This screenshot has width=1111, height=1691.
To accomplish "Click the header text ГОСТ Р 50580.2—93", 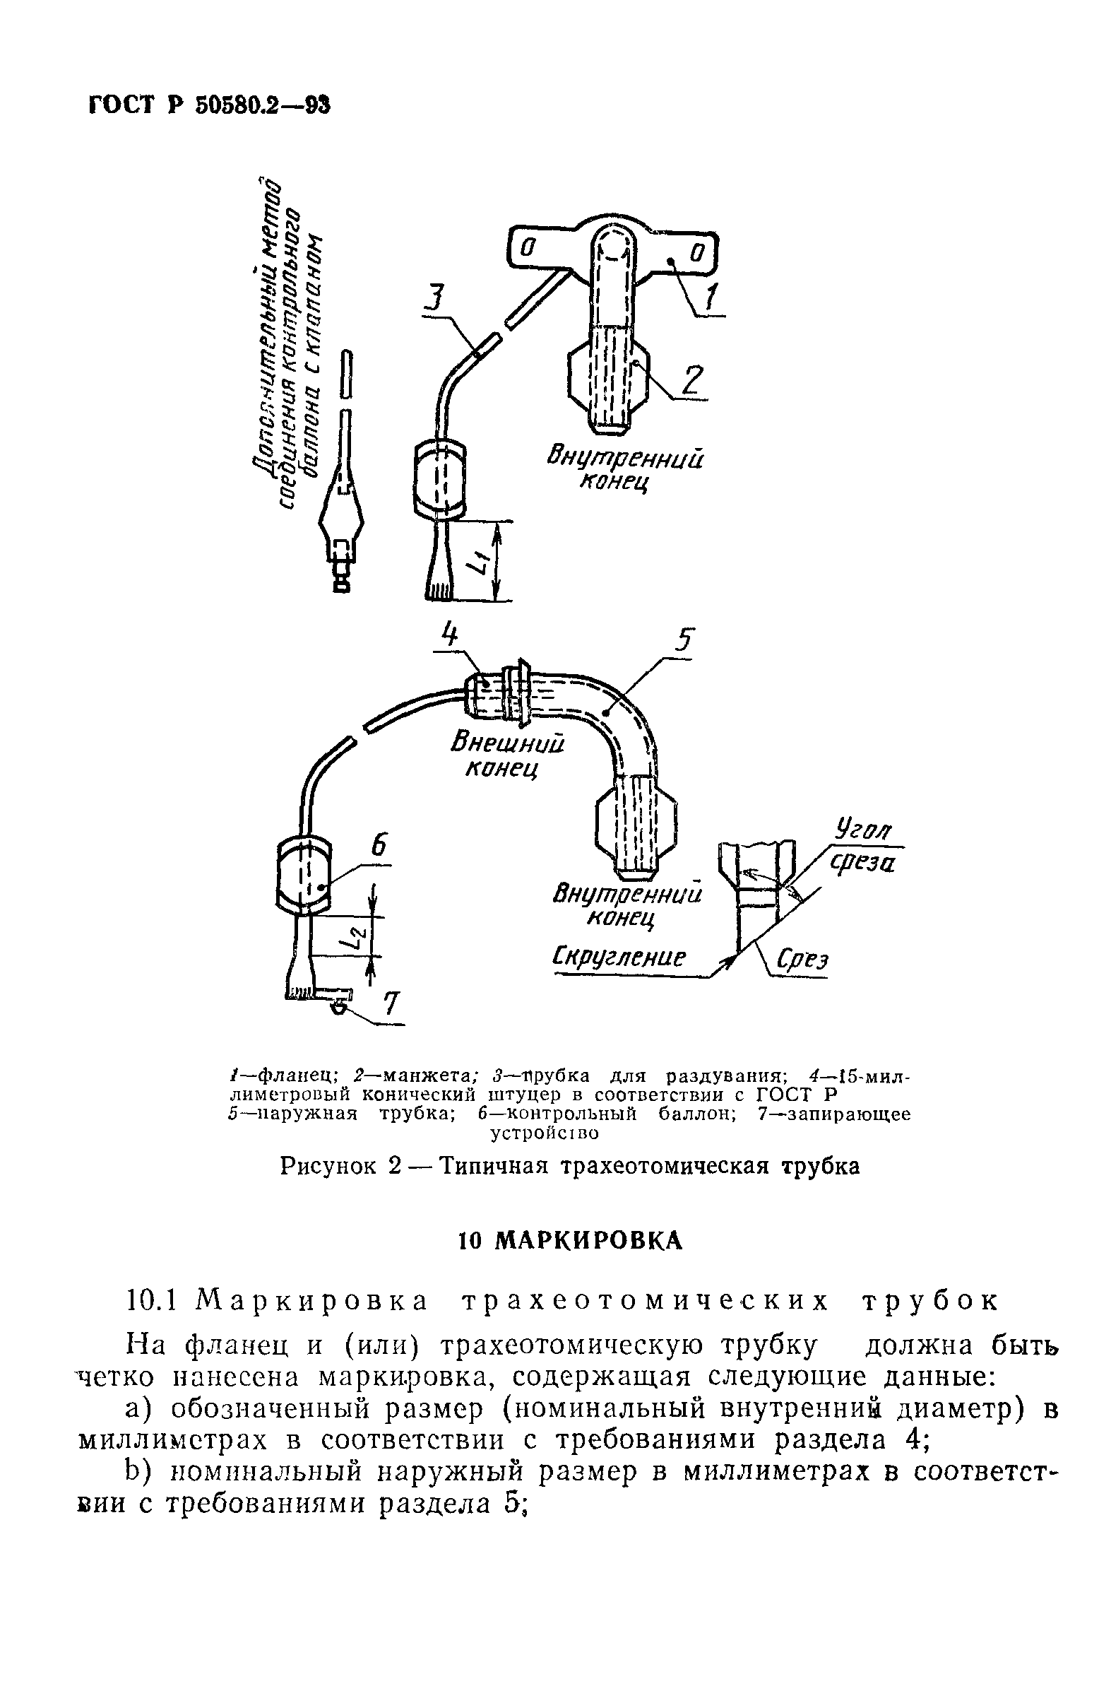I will click(210, 105).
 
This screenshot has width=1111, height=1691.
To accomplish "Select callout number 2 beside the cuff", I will click(690, 380).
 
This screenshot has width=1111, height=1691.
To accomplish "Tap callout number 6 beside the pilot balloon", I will click(379, 845).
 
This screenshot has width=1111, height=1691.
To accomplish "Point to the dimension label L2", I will click(360, 938).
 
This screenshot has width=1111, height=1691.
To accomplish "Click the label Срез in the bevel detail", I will click(802, 960).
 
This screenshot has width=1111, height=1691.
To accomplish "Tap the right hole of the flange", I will click(697, 253).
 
